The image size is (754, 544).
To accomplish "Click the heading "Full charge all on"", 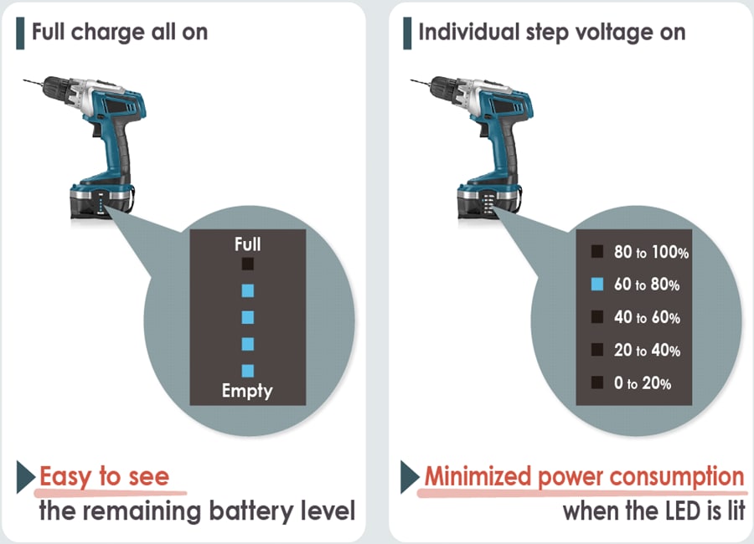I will [x=119, y=33].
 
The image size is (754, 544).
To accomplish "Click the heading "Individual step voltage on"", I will [x=551, y=33].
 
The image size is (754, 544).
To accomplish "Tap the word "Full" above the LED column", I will [x=247, y=244].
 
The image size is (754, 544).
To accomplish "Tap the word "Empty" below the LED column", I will [x=247, y=390].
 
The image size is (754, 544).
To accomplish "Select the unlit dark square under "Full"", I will [x=247, y=264].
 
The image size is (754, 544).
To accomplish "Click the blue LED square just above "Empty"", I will [x=247, y=371].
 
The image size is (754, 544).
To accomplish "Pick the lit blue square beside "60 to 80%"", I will [x=596, y=285].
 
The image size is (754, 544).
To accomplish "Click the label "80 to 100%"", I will [x=651, y=251].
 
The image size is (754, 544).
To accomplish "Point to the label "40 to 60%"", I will [x=647, y=317].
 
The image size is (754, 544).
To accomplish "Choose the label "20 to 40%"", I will [x=647, y=351].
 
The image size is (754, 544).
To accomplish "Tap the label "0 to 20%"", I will [x=642, y=383].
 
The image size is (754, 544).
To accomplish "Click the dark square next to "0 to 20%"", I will [x=596, y=383].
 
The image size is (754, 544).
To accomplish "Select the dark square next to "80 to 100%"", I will [x=596, y=251].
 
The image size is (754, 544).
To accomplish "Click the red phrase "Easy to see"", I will [x=104, y=477].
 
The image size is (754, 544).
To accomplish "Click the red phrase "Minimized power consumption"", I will [x=584, y=476].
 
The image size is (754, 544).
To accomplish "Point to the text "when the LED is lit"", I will [x=653, y=511].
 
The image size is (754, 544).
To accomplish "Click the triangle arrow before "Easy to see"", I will [x=25, y=476].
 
